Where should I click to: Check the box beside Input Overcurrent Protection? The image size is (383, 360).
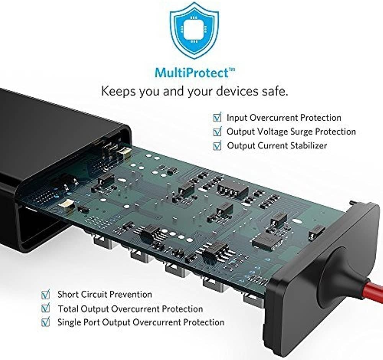coord(217,118)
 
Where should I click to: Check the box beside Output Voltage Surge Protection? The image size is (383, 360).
coord(217,132)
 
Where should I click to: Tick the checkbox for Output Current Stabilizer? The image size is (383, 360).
coord(217,146)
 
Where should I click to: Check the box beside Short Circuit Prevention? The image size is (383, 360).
coord(46,295)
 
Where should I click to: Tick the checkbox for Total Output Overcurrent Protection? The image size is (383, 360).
coord(46,308)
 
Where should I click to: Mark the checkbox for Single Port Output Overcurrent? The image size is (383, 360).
coord(46,322)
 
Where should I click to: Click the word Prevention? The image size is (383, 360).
coord(131,295)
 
